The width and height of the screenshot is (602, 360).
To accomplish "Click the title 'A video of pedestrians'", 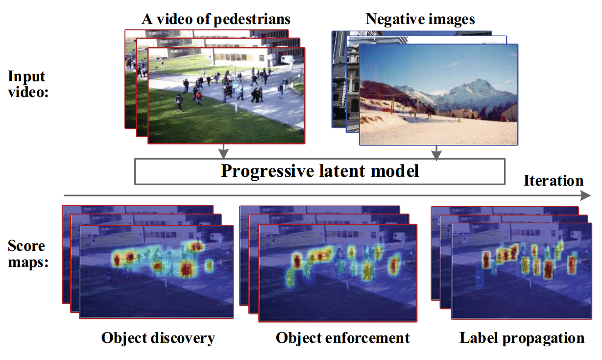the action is (216, 19).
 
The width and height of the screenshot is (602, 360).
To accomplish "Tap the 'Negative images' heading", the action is (420, 19).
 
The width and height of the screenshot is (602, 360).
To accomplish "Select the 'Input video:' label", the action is (28, 84).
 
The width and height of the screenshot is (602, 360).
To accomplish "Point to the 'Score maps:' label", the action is (28, 254).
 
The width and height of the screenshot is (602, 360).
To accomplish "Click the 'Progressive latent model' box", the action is (320, 171).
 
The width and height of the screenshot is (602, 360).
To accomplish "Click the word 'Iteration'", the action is (554, 180).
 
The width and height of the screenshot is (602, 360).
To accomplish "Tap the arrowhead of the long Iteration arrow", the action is (586, 195).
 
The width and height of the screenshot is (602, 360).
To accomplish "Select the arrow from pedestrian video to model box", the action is (223, 151).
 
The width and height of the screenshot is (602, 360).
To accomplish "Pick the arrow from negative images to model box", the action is (436, 153).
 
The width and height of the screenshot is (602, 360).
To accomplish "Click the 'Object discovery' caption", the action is (158, 338).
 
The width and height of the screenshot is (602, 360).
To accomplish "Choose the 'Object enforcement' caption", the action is (343, 338).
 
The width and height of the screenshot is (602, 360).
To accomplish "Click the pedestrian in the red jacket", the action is (198, 97).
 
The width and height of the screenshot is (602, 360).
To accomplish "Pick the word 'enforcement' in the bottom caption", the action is (367, 338).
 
